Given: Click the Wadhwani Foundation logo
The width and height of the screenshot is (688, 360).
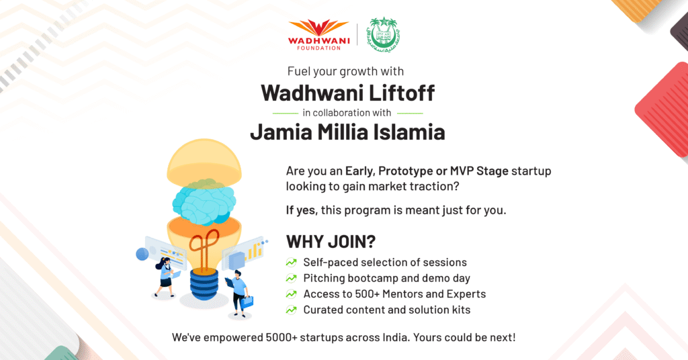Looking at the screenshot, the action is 318,35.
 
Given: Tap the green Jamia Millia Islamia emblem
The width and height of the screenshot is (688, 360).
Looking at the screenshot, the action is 384,35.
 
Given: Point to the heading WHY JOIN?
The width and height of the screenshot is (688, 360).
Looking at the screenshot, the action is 331,242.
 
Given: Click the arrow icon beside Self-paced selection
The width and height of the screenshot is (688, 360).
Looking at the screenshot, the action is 292,262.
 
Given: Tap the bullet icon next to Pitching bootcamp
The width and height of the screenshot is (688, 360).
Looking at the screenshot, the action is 292,278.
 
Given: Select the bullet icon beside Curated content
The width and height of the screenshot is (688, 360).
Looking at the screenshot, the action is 292,310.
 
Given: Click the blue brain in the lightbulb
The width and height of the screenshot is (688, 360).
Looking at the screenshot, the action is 204,201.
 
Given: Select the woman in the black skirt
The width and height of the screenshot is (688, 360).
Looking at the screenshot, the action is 166,277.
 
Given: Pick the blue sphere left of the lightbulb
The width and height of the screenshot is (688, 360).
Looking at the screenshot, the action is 142,254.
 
